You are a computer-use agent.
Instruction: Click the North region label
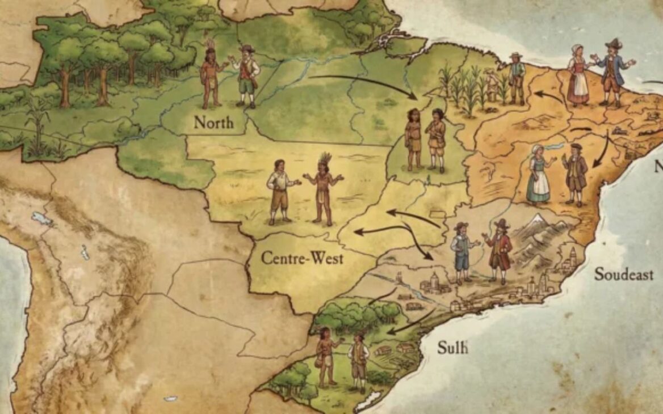click(x=213, y=122)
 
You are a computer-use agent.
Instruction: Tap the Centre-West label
click(x=302, y=258)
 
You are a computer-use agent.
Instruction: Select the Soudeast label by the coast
click(x=623, y=274)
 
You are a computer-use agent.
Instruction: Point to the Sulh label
click(x=452, y=347)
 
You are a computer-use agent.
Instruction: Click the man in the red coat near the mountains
click(x=498, y=250)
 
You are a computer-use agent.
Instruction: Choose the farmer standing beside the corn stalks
click(x=516, y=78)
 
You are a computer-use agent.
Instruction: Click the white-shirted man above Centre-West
click(x=280, y=191)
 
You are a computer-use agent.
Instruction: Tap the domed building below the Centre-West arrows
click(x=434, y=281)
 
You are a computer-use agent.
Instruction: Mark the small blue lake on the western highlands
click(x=41, y=218)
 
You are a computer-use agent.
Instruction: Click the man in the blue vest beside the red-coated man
click(x=461, y=252)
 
